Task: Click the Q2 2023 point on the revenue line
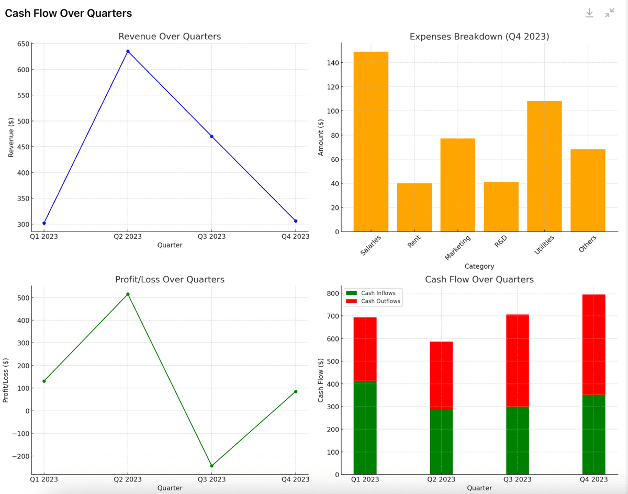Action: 128,51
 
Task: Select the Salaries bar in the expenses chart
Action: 371,141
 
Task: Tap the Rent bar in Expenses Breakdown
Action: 414,207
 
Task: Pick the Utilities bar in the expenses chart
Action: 544,166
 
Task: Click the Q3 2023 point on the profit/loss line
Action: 211,466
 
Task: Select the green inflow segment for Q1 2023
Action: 365,427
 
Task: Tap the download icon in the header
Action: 589,13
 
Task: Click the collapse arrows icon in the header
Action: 610,13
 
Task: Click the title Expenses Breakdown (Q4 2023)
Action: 479,37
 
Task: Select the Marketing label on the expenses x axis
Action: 457,247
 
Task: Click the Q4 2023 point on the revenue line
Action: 296,221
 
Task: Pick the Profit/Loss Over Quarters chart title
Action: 170,280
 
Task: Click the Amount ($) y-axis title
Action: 321,137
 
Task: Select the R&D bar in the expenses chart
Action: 501,207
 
